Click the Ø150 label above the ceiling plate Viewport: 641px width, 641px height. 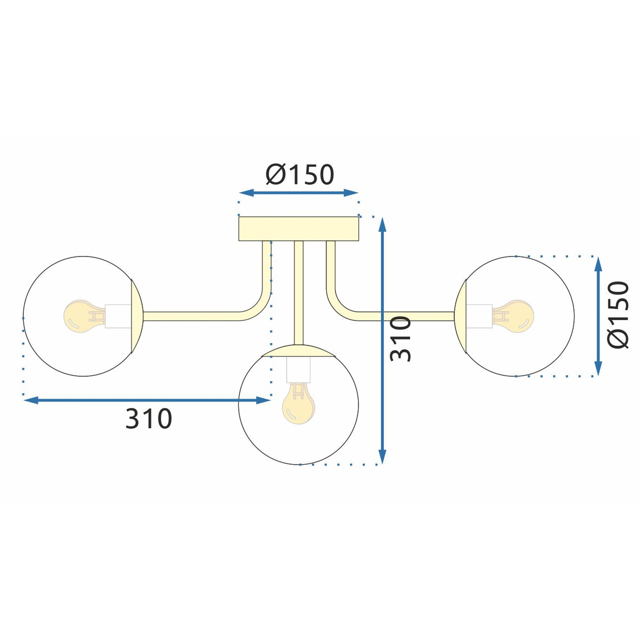point(299,175)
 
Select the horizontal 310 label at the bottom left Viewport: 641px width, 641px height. point(149,419)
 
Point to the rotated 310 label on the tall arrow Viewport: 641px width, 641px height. point(401,339)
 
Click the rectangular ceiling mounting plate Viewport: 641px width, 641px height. point(299,229)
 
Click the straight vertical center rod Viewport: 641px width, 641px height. point(299,292)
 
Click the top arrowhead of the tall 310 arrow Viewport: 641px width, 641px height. point(382,224)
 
